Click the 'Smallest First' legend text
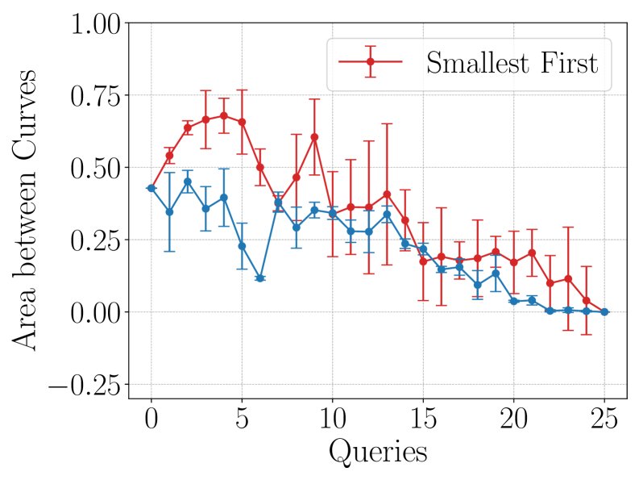coord(512,62)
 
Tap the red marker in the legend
coord(370,61)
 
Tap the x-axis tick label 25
coord(604,420)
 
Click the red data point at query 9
coord(314,137)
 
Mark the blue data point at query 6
coord(259,278)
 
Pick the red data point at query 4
coord(223,115)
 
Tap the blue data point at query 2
coord(187,182)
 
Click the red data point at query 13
coord(387,194)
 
